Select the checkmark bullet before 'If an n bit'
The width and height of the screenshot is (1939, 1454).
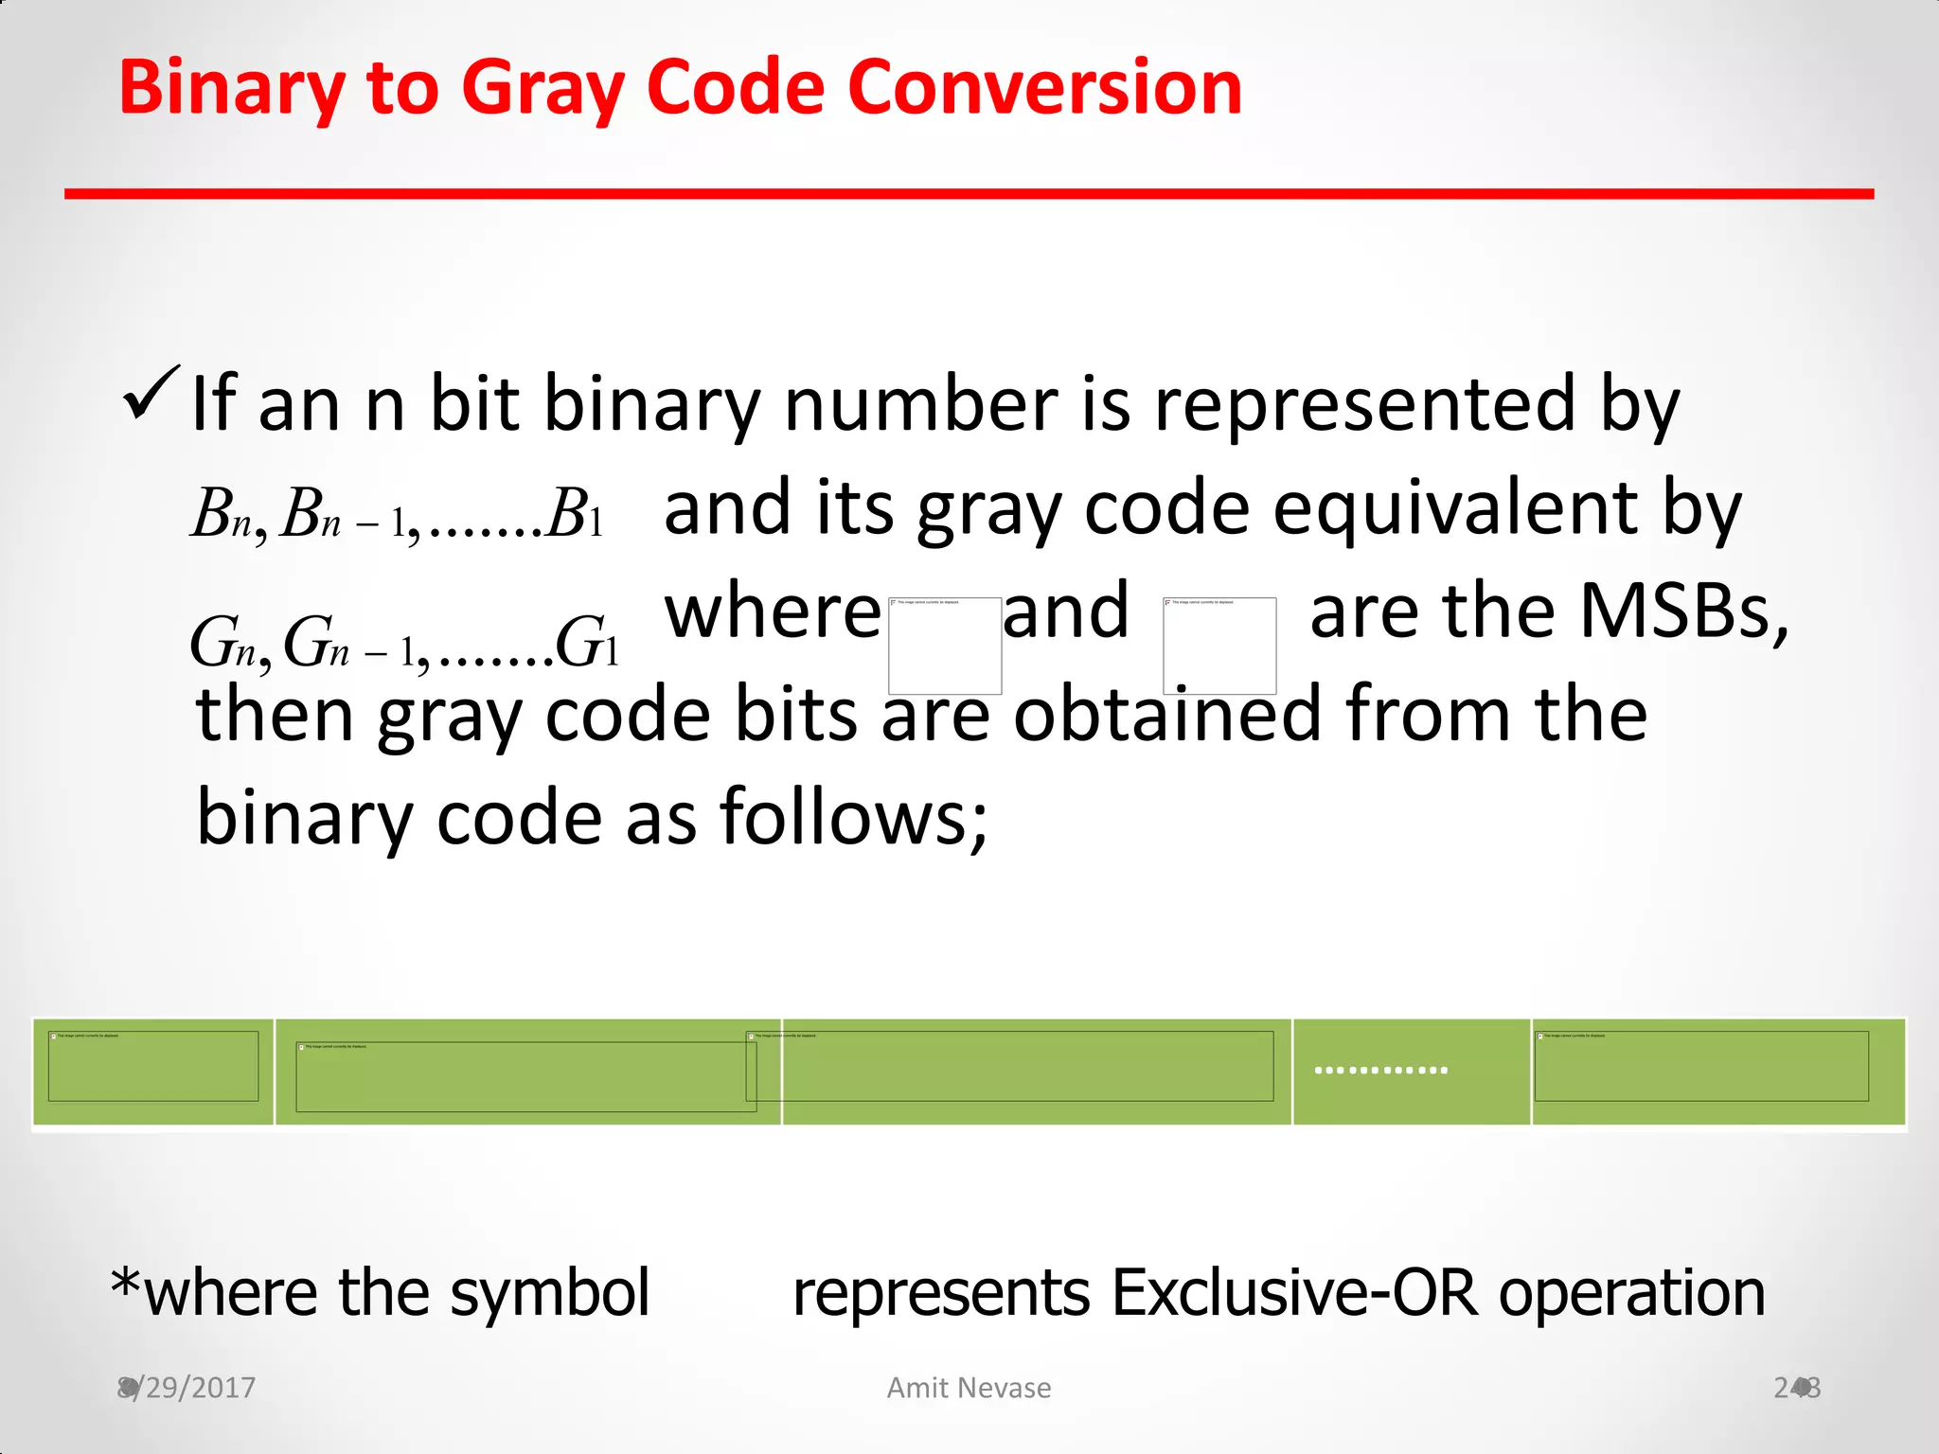(x=151, y=394)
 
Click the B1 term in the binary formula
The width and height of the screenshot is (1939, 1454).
(x=575, y=516)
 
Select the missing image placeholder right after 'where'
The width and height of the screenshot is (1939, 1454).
(x=945, y=646)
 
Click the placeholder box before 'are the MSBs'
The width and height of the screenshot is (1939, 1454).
(x=1219, y=646)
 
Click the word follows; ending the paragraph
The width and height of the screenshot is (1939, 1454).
(x=853, y=817)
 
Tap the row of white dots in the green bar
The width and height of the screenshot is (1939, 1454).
(x=1381, y=1071)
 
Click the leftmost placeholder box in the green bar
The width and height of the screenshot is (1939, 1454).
(x=153, y=1066)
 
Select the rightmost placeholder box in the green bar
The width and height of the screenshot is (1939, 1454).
(x=1701, y=1066)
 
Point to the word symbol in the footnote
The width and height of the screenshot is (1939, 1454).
(x=549, y=1293)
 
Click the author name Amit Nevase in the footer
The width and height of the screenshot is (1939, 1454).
(x=969, y=1388)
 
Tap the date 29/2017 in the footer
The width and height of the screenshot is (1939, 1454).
(x=193, y=1388)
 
